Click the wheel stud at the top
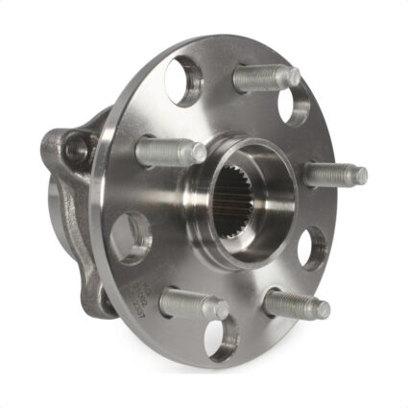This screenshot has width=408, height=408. coord(265,78)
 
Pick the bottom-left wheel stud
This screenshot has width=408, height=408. coord(192,304)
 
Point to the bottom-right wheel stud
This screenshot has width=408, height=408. coord(296,303)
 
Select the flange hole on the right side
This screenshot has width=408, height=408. coord(313,246)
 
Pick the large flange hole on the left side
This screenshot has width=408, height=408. coord(132,233)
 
